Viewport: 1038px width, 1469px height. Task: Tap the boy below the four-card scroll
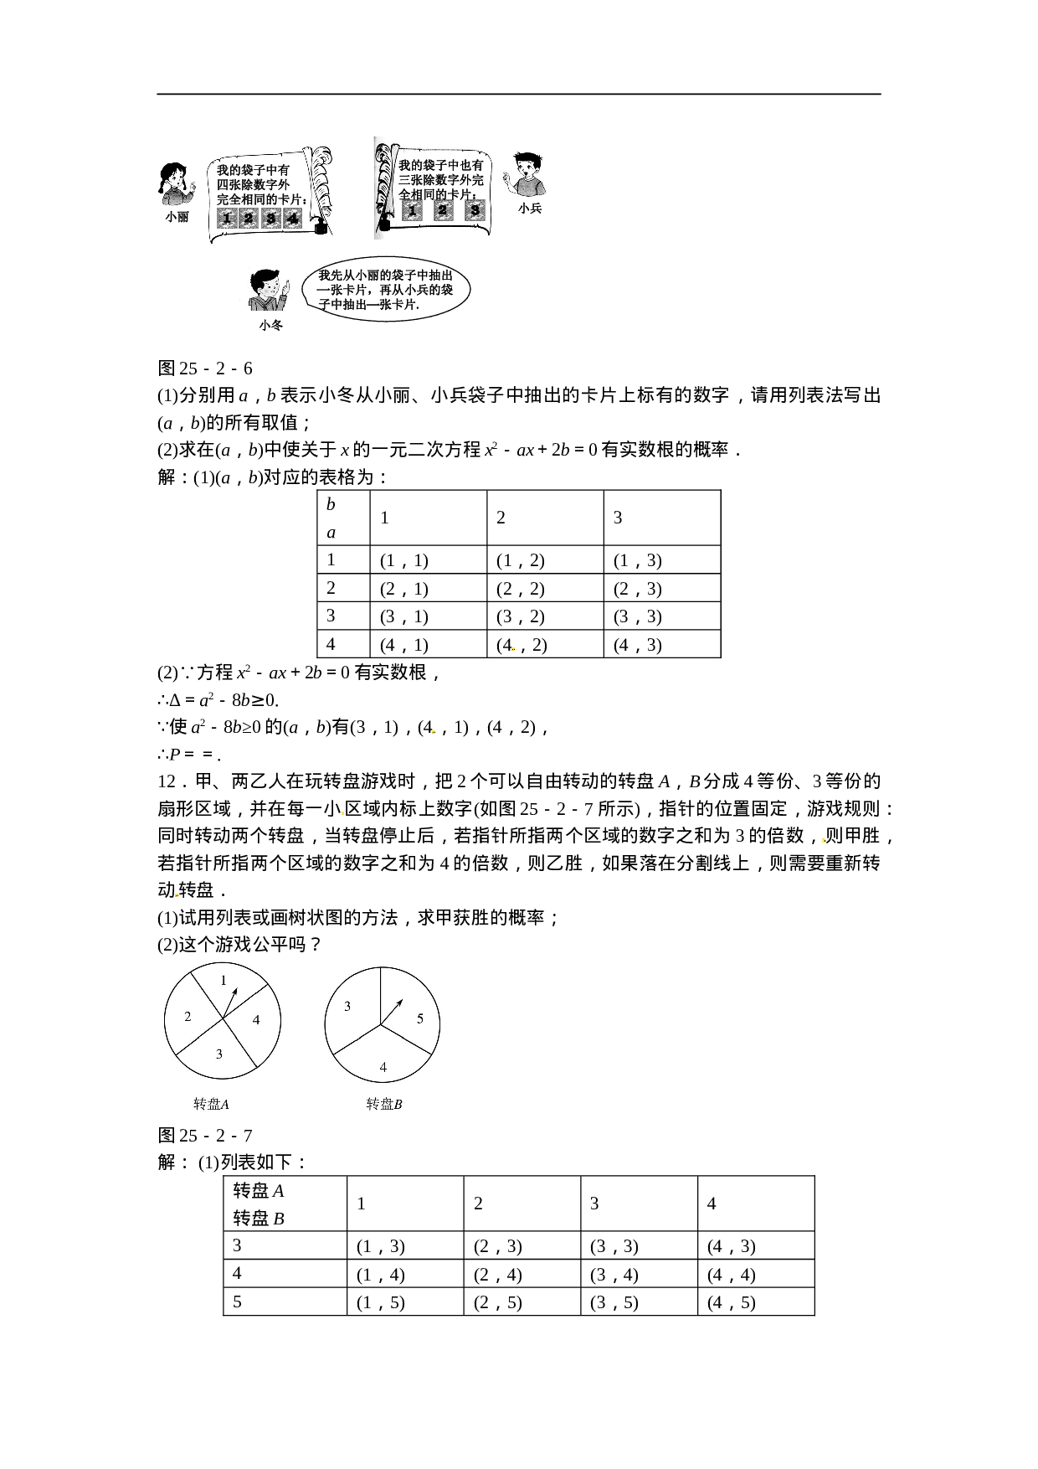266,286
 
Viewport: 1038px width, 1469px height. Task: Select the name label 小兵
530,209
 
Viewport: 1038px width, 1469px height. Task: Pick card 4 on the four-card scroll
292,219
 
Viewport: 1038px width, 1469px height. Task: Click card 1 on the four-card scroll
226,219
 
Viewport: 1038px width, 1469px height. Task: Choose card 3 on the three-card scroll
475,210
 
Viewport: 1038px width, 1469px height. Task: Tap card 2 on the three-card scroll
443,210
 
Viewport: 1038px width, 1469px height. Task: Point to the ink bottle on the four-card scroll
319,228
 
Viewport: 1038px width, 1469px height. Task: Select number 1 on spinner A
224,980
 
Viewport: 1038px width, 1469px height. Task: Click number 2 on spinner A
188,1016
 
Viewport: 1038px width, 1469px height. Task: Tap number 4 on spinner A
256,1019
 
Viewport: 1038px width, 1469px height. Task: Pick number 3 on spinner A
219,1054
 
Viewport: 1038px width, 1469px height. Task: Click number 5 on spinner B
420,1018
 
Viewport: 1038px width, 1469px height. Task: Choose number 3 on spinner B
347,1007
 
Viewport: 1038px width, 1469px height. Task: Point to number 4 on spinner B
383,1067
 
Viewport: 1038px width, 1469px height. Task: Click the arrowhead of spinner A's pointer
235,992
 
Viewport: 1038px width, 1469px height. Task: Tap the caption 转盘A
211,1104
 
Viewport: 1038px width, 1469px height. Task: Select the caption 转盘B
384,1104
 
